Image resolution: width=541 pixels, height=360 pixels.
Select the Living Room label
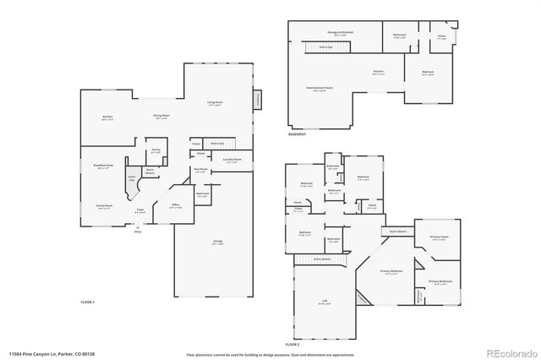[214, 103]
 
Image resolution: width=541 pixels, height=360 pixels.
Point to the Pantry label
[156, 150]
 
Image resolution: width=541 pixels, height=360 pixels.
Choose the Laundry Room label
[232, 160]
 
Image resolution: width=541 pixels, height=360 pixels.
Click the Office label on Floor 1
[177, 205]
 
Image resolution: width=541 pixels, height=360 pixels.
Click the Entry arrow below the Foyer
[138, 226]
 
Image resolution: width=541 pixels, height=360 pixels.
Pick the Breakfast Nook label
[105, 166]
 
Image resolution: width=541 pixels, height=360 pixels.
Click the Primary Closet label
[438, 237]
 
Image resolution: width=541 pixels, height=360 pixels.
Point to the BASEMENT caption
[298, 134]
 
